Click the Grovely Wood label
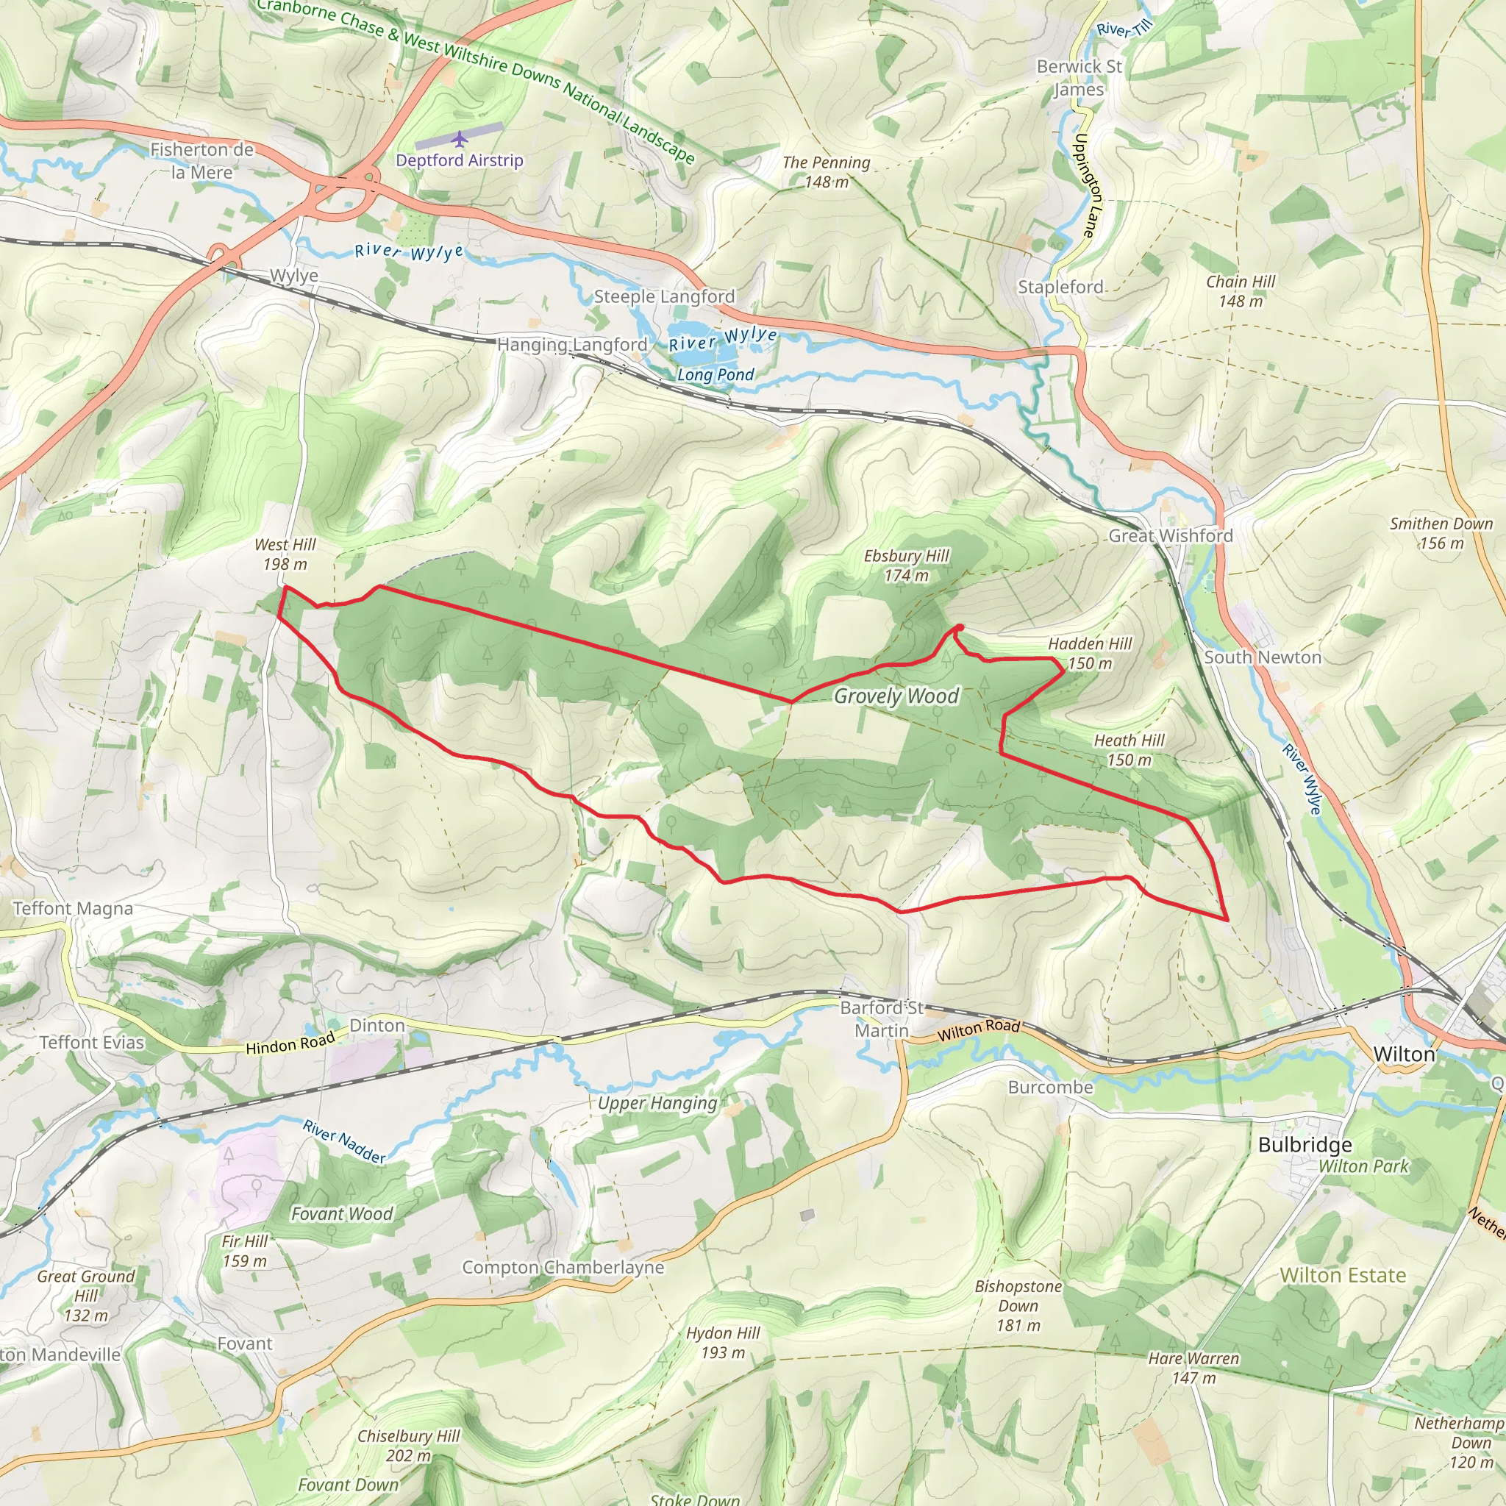[896, 696]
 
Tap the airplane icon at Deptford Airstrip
[459, 139]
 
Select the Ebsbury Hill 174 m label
[907, 565]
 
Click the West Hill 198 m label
[285, 554]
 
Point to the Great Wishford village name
[1170, 535]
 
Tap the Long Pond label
[715, 374]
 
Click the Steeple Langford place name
[664, 296]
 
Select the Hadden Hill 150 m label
[1090, 653]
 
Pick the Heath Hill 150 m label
[1129, 750]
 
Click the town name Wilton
[1404, 1054]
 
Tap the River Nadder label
[343, 1142]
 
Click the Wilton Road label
[978, 1029]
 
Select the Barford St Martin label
[882, 1018]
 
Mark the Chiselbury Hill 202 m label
[408, 1445]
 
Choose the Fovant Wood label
[341, 1213]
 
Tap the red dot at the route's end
[959, 627]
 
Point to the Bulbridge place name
[1305, 1144]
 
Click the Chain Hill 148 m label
[1241, 290]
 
